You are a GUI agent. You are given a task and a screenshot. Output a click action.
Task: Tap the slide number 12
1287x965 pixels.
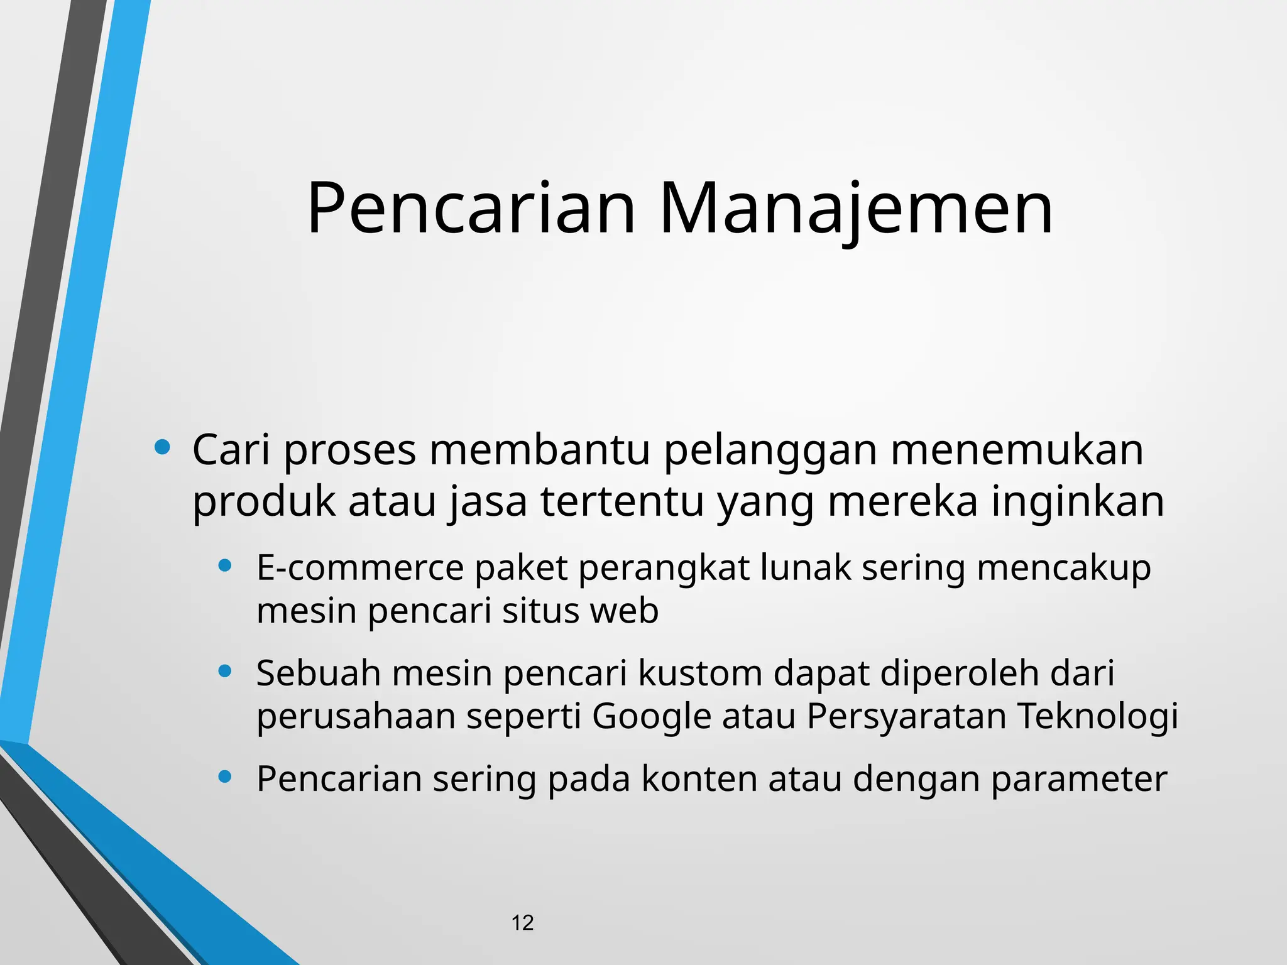522,923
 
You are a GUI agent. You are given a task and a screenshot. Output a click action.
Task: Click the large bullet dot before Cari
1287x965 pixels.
162,447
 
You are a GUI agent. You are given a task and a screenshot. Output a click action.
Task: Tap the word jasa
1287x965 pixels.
488,503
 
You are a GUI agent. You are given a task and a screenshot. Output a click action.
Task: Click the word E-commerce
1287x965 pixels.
360,567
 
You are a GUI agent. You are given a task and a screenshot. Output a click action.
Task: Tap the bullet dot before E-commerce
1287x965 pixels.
225,565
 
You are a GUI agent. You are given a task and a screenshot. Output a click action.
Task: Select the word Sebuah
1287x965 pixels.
319,673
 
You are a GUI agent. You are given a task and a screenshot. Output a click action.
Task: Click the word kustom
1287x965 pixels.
700,673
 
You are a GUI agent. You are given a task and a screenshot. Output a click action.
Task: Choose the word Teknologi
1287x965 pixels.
1097,717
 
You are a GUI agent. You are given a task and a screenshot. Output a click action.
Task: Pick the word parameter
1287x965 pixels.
1078,780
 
